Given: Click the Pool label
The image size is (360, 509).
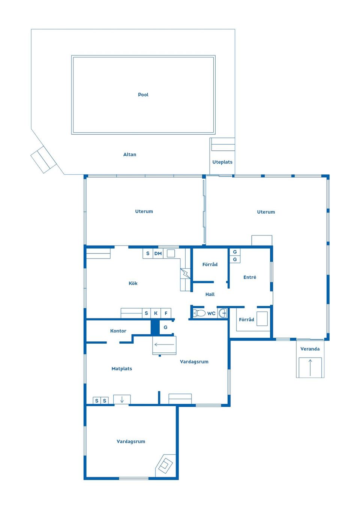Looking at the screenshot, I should pyautogui.click(x=143, y=95).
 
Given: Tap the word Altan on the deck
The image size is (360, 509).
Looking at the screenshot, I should pyautogui.click(x=130, y=154).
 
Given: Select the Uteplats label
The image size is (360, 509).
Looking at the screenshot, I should pyautogui.click(x=222, y=162).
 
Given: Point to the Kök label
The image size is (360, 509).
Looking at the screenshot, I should pyautogui.click(x=133, y=283).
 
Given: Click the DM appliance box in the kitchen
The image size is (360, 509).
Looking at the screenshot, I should pyautogui.click(x=158, y=254).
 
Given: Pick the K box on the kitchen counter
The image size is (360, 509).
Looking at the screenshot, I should pyautogui.click(x=156, y=313).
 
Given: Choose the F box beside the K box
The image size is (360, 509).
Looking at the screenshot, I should pyautogui.click(x=166, y=313).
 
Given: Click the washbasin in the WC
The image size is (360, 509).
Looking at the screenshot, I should pyautogui.click(x=223, y=313).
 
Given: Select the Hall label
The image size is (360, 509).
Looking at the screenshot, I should pyautogui.click(x=210, y=294).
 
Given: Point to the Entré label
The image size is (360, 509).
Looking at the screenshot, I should pyautogui.click(x=250, y=277).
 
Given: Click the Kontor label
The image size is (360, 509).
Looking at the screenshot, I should pyautogui.click(x=118, y=331).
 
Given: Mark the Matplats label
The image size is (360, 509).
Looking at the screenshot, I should pyautogui.click(x=122, y=369).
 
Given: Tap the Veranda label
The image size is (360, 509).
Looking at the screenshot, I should pyautogui.click(x=310, y=349).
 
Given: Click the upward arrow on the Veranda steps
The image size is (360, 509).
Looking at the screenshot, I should pyautogui.click(x=310, y=368).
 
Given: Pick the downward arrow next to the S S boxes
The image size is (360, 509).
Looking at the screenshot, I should pyautogui.click(x=122, y=400).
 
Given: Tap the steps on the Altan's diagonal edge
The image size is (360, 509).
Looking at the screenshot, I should pyautogui.click(x=43, y=159).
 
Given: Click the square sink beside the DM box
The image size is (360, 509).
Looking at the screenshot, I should pyautogui.click(x=171, y=253).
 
